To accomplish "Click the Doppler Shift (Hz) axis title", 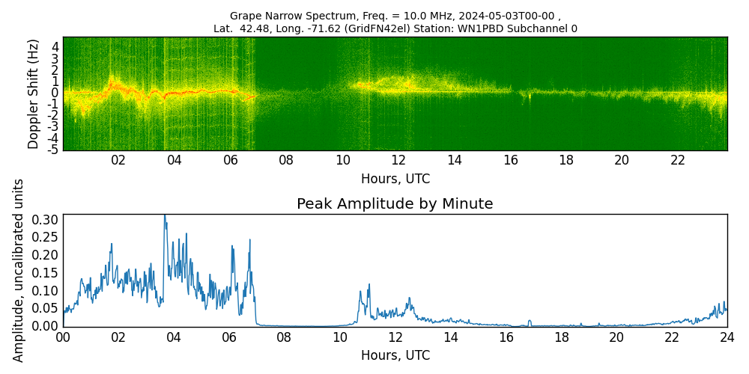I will pyautogui.click(x=33, y=94).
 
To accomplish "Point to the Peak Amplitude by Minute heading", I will pyautogui.click(x=395, y=204).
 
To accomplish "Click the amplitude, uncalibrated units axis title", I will pyautogui.click(x=19, y=270).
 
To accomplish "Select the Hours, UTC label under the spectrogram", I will pyautogui.click(x=395, y=180).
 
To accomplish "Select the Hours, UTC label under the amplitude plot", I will pyautogui.click(x=395, y=355).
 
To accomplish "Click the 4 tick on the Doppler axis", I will pyautogui.click(x=55, y=46).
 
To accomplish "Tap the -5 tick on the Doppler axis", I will pyautogui.click(x=52, y=150).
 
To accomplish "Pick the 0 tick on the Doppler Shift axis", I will pyautogui.click(x=55, y=93).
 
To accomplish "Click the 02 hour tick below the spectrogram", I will pyautogui.click(x=118, y=160).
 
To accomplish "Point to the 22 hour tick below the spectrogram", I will pyautogui.click(x=678, y=160).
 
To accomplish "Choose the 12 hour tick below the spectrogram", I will pyautogui.click(x=398, y=160).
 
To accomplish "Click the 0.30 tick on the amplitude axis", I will pyautogui.click(x=46, y=219).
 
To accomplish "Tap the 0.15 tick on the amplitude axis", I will pyautogui.click(x=46, y=272).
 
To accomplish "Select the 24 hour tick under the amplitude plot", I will pyautogui.click(x=727, y=337).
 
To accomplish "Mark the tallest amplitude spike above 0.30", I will pyautogui.click(x=165, y=217).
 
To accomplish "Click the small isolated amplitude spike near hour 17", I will pyautogui.click(x=530, y=321).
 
